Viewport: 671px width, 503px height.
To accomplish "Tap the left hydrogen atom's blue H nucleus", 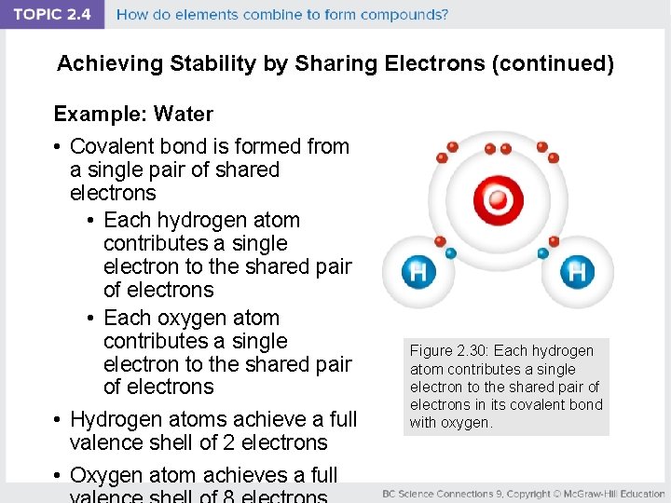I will tap(418, 272).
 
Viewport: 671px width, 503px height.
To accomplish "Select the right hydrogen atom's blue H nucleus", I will tap(577, 272).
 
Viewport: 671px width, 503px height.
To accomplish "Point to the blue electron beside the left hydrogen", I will tap(451, 252).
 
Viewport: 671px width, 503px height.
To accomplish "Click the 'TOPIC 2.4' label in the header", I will tap(52, 15).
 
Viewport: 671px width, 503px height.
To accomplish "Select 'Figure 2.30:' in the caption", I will tap(450, 351).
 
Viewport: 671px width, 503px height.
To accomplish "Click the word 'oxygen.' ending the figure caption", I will tap(468, 422).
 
